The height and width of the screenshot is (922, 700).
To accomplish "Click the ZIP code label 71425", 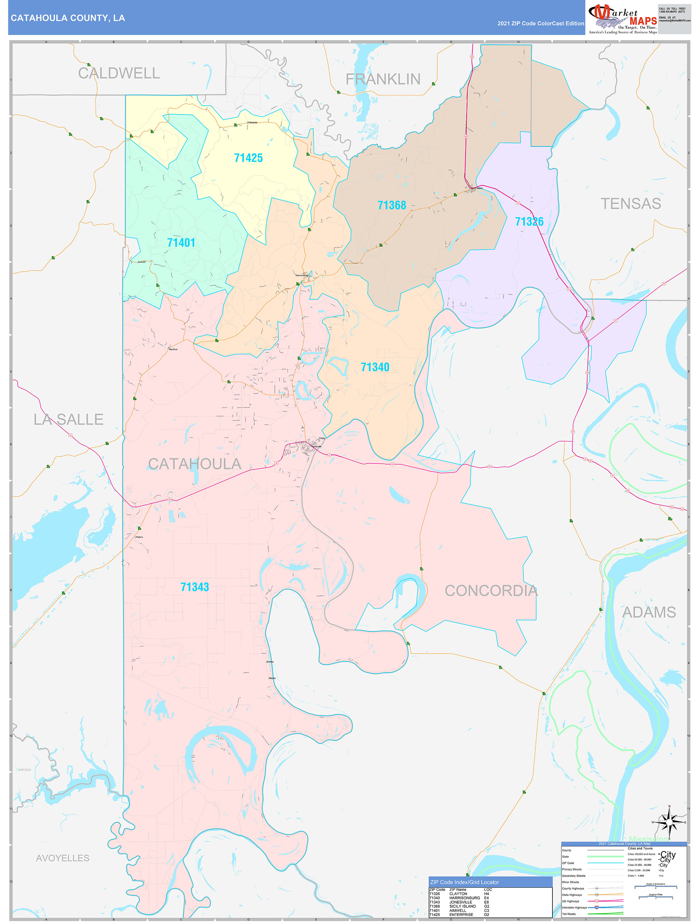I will (x=249, y=158).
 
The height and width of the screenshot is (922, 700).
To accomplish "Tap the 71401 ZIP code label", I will (x=181, y=243).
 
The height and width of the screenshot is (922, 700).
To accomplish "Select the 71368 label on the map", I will (x=391, y=205).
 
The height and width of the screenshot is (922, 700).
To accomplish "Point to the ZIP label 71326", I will (x=529, y=221).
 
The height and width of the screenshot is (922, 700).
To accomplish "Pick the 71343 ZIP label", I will (x=194, y=587).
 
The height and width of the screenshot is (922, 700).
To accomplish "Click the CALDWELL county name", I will (x=119, y=73).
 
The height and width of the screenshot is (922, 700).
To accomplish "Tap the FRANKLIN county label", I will (x=383, y=79).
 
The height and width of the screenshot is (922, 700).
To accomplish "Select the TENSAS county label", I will (x=630, y=204).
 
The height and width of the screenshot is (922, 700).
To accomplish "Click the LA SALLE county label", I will (x=68, y=419).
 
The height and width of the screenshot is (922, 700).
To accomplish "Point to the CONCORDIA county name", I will (x=491, y=591).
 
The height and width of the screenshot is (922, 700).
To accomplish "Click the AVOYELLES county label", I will (x=62, y=858).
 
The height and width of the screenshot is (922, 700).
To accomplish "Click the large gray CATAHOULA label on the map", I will (x=194, y=464).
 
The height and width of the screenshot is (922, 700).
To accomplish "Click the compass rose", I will (x=669, y=822).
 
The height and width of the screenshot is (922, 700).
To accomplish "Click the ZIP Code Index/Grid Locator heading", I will (x=464, y=882).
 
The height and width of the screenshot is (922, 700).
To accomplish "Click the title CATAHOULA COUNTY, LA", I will (x=67, y=18).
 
